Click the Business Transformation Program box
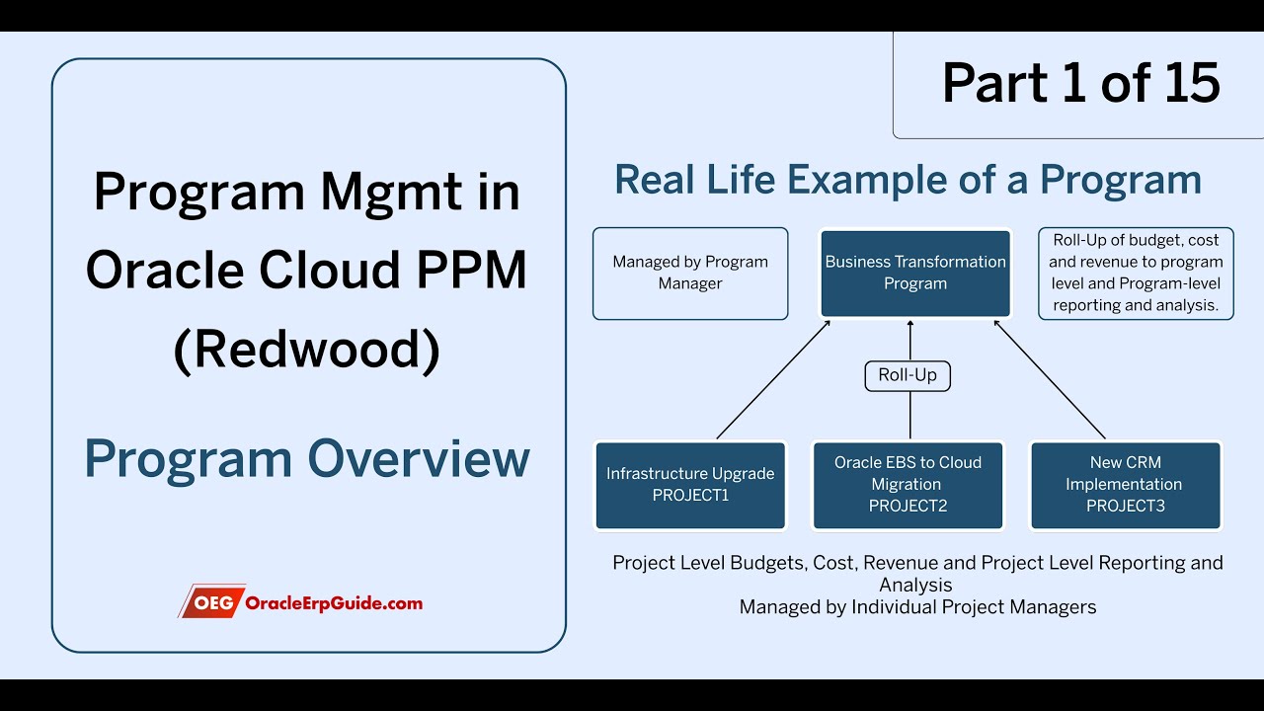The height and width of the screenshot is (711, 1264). coord(915,274)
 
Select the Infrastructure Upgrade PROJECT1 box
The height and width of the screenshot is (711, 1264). coord(690,485)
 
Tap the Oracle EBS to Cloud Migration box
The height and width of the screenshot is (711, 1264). coord(908,485)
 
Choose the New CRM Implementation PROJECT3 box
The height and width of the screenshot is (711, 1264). coord(1126,485)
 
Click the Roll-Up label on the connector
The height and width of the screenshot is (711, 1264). coord(908,375)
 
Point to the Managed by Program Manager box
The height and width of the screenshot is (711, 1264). coord(690,274)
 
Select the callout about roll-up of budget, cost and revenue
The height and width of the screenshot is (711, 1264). coord(1136,274)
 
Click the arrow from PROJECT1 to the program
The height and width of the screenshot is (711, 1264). coord(773,379)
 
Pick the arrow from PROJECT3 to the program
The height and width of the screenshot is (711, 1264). coord(1050,379)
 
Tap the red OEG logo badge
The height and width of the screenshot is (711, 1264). coord(210,601)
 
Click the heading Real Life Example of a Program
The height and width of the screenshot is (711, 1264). coord(908,180)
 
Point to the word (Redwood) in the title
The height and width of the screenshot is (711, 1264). coord(307,351)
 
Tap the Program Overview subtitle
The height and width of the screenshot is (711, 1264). coord(307,459)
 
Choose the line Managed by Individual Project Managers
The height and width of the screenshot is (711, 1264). coord(917,607)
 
